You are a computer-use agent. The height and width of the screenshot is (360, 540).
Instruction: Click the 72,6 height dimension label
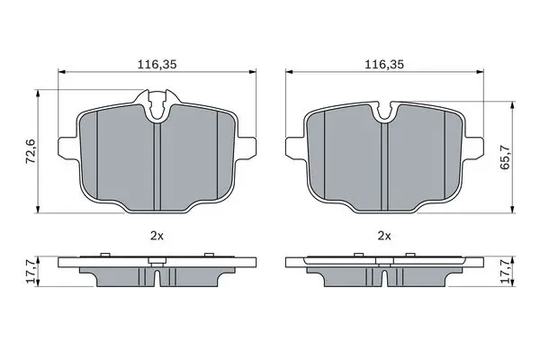[x=31, y=150]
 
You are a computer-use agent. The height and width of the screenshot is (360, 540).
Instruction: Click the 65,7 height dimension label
[x=505, y=157]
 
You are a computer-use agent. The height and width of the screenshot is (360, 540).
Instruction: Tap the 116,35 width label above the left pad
[x=157, y=65]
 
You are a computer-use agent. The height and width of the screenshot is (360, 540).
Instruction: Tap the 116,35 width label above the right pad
[x=384, y=65]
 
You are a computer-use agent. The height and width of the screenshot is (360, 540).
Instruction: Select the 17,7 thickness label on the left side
[x=31, y=272]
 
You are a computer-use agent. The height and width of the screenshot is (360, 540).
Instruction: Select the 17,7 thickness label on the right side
[x=505, y=272]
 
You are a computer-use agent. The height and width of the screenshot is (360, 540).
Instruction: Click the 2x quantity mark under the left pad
[x=157, y=236]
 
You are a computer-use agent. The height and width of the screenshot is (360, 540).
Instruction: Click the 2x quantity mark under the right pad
[x=384, y=236]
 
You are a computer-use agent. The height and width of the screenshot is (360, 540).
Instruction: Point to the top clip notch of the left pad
[x=157, y=104]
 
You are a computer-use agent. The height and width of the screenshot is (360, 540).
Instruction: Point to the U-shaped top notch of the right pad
[x=386, y=111]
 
